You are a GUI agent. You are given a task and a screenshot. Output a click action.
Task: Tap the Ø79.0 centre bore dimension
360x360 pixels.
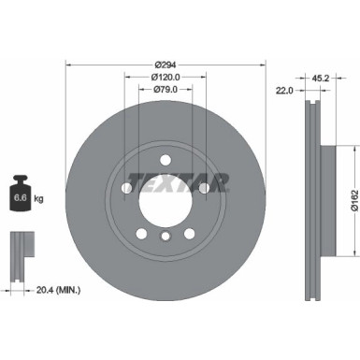click(x=166, y=91)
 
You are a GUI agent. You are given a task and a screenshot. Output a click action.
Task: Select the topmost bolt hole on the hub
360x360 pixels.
click(x=165, y=159)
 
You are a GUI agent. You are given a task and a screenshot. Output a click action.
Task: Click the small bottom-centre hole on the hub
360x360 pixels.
click(x=165, y=238)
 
